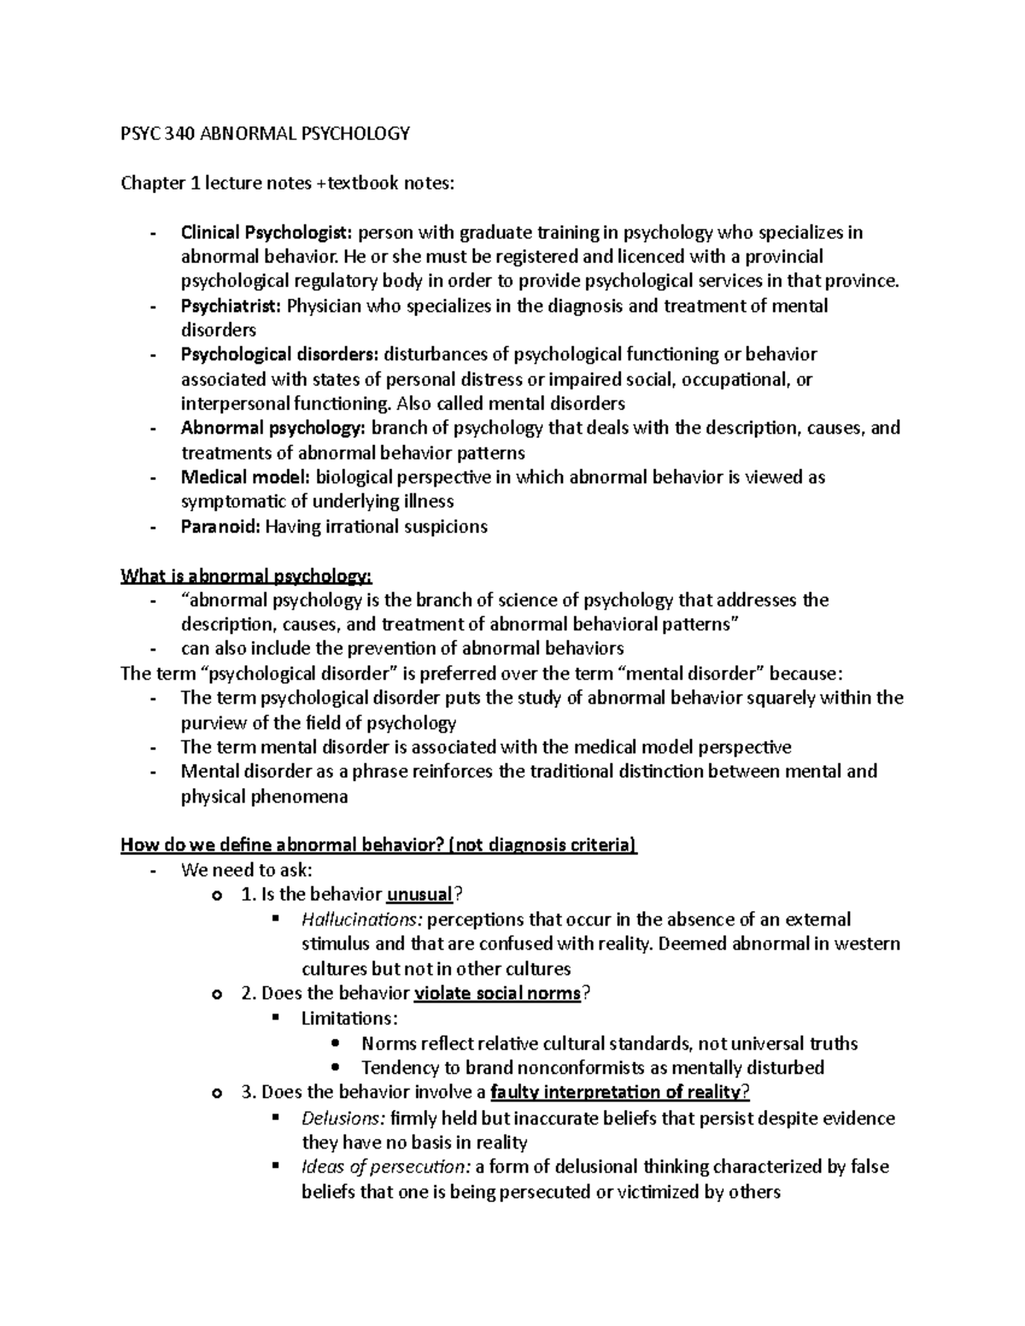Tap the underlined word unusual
[419, 895]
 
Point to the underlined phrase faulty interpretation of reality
[618, 1092]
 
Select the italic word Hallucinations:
[362, 920]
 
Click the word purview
[211, 723]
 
